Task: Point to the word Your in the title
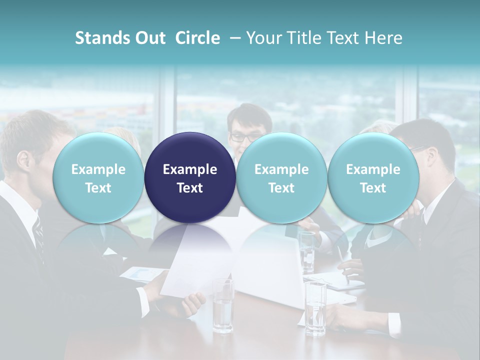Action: click(262, 38)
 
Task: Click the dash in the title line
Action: click(234, 38)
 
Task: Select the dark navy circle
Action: click(190, 178)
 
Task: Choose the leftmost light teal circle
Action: click(98, 178)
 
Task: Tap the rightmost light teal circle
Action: click(373, 178)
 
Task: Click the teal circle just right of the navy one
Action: click(281, 178)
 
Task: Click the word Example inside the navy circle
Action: click(190, 169)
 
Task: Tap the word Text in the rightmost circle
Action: click(373, 188)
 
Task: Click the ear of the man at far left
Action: click(22, 160)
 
